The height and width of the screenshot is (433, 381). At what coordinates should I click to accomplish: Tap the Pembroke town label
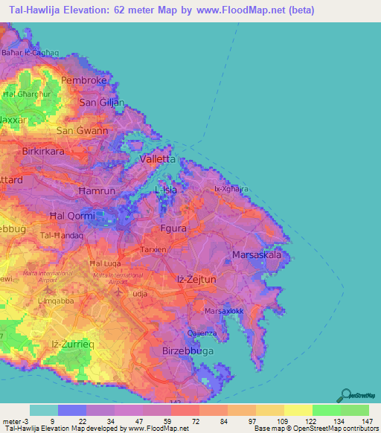[85, 80]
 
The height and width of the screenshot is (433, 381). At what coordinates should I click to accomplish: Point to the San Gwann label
[83, 130]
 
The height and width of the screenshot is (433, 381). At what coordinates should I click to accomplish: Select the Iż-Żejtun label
[196, 278]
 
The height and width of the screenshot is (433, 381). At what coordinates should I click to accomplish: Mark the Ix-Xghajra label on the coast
[231, 189]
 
